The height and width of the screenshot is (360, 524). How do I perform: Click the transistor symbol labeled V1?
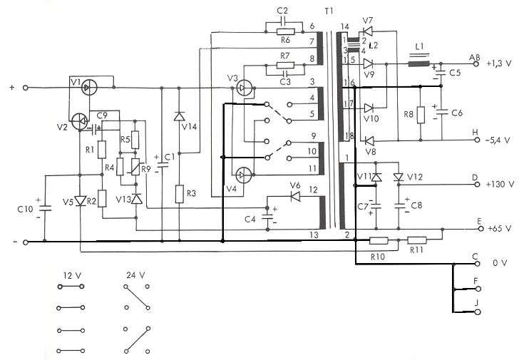pyautogui.click(x=89, y=88)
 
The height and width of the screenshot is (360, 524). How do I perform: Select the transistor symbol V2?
pyautogui.click(x=79, y=122)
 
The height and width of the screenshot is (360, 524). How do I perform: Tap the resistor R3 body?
pyautogui.click(x=180, y=194)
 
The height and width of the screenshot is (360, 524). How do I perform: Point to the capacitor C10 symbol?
pyautogui.click(x=45, y=209)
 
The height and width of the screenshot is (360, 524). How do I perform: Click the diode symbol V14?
pyautogui.click(x=180, y=116)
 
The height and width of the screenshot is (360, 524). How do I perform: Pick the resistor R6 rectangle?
pyautogui.click(x=285, y=32)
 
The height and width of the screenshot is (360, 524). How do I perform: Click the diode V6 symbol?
pyautogui.click(x=295, y=196)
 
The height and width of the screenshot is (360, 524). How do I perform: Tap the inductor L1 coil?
pyautogui.click(x=418, y=63)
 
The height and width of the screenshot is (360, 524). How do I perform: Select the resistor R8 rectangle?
pyautogui.click(x=421, y=115)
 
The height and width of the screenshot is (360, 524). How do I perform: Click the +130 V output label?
pyautogui.click(x=500, y=184)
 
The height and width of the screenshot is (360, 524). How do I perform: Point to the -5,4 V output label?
pyautogui.click(x=498, y=140)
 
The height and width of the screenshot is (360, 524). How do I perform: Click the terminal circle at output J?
pyautogui.click(x=478, y=312)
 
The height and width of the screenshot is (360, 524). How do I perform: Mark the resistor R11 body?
pyautogui.click(x=417, y=240)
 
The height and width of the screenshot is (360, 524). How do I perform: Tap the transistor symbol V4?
pyautogui.click(x=244, y=175)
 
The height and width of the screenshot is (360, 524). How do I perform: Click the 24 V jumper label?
pyautogui.click(x=135, y=275)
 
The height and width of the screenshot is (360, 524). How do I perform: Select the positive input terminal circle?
pyautogui.click(x=26, y=88)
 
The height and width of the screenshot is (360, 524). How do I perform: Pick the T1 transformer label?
pyautogui.click(x=329, y=11)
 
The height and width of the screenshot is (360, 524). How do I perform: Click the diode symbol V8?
pyautogui.click(x=369, y=140)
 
